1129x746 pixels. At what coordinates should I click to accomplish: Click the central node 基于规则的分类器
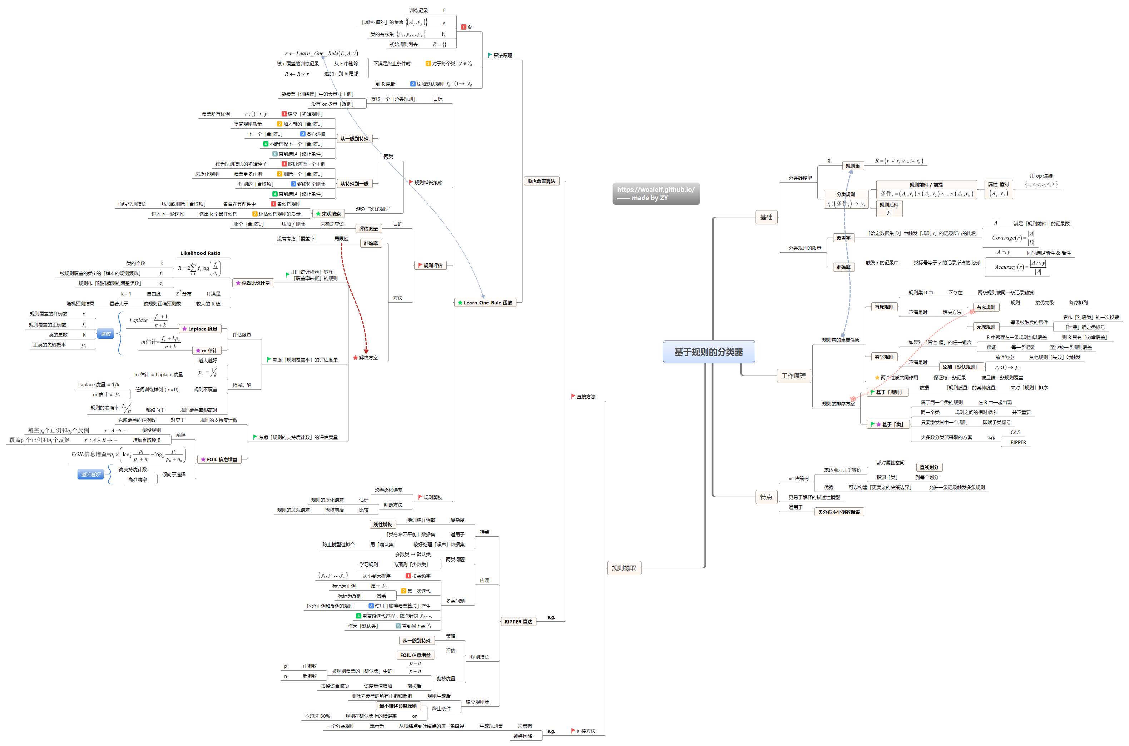(x=708, y=352)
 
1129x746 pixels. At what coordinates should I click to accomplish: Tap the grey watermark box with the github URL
(x=655, y=194)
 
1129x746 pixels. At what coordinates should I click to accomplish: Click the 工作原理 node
(x=793, y=376)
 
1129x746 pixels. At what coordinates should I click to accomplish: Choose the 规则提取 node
(x=623, y=568)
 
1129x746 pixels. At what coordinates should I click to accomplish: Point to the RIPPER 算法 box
(x=518, y=622)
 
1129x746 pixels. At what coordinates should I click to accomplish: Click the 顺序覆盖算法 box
(x=541, y=181)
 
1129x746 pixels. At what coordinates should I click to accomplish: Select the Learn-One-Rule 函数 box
(x=485, y=303)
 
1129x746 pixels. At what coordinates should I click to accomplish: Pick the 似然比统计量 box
(x=253, y=283)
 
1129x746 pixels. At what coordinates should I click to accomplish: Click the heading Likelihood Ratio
(x=200, y=253)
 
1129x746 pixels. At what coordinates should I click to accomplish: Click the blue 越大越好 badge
(x=90, y=474)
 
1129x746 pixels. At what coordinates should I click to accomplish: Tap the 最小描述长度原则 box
(x=398, y=706)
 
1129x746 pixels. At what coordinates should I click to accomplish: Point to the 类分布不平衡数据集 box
(x=838, y=512)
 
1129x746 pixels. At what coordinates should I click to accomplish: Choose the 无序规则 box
(x=985, y=327)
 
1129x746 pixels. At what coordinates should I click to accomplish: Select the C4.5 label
(x=1015, y=432)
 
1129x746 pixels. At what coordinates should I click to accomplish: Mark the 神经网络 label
(x=523, y=736)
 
